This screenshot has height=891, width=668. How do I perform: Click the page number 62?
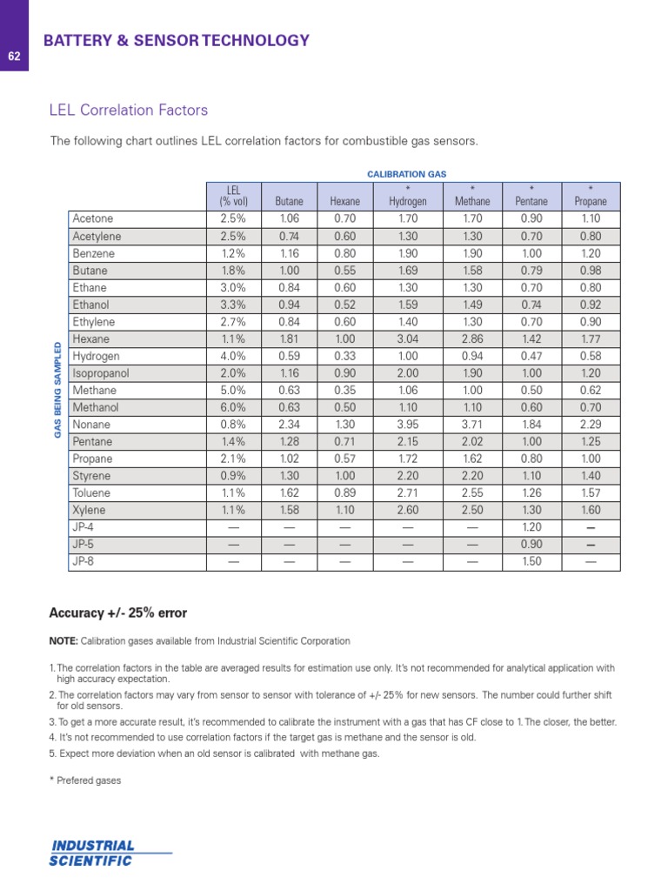(x=14, y=57)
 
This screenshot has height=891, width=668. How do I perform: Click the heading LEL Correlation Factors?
(x=129, y=111)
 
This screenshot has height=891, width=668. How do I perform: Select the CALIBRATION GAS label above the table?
(x=406, y=174)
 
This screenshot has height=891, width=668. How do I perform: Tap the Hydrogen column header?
(x=407, y=196)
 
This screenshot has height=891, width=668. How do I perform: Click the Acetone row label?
(x=93, y=219)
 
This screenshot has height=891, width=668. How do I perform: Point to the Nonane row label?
(x=92, y=425)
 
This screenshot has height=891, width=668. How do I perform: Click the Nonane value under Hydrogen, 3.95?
(x=407, y=425)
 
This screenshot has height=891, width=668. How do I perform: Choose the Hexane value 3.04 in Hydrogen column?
(x=407, y=339)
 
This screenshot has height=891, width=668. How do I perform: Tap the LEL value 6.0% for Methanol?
(x=233, y=407)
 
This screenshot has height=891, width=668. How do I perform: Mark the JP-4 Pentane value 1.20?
(x=531, y=527)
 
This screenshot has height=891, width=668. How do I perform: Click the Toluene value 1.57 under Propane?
(x=591, y=492)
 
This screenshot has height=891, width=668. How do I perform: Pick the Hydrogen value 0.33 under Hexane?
(x=344, y=357)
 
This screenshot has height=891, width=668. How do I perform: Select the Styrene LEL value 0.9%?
(x=233, y=476)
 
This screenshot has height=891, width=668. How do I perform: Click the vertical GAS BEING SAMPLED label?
(x=58, y=390)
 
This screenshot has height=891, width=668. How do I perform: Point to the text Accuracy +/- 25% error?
(x=117, y=613)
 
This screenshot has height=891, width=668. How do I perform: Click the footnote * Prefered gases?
(x=85, y=780)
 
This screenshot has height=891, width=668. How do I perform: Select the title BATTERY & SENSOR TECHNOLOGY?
(x=176, y=40)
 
